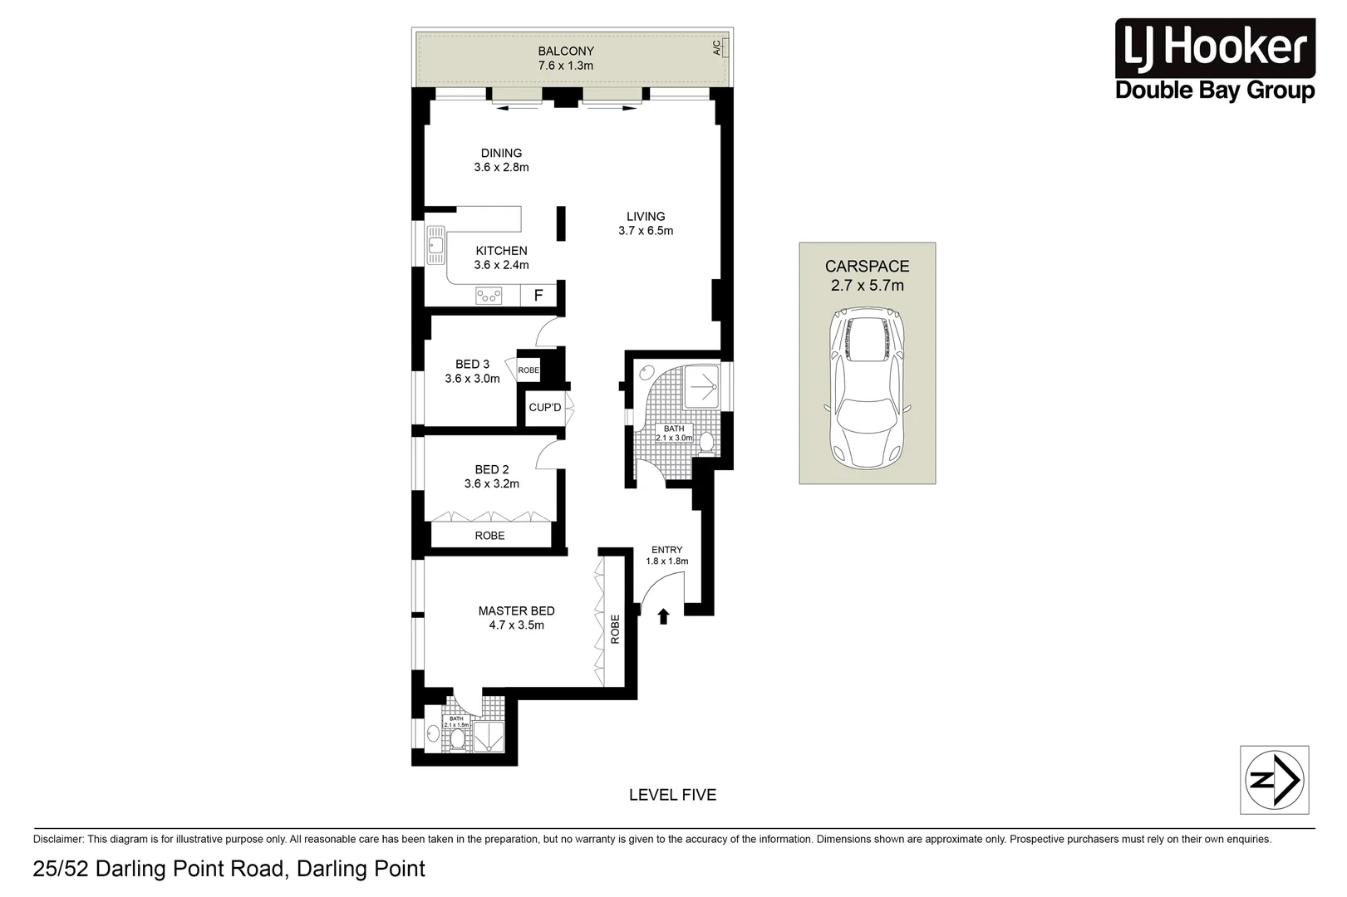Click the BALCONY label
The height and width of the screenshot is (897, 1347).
(x=566, y=51)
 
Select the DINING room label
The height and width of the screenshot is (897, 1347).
(x=501, y=153)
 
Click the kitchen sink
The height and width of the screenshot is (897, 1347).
(x=435, y=245)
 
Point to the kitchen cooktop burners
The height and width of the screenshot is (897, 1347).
(x=489, y=295)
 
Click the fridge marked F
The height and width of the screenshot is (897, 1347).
(x=538, y=295)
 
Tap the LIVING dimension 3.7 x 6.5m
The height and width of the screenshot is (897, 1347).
(x=646, y=231)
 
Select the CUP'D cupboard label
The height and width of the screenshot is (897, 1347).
(x=545, y=407)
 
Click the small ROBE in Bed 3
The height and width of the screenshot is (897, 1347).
(x=528, y=370)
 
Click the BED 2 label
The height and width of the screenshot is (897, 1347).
(x=492, y=469)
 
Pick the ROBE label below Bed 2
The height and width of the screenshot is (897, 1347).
(x=489, y=536)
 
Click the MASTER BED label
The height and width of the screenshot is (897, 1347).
(x=516, y=610)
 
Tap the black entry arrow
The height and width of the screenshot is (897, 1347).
(x=663, y=616)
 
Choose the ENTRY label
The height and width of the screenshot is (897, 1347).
(x=666, y=550)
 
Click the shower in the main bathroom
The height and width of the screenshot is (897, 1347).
(x=703, y=387)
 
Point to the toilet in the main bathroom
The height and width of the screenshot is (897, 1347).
(x=707, y=443)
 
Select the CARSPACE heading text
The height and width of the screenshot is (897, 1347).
(x=867, y=267)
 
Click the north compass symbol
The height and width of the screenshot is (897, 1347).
(x=1274, y=779)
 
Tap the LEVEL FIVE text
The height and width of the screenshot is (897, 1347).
(x=672, y=795)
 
